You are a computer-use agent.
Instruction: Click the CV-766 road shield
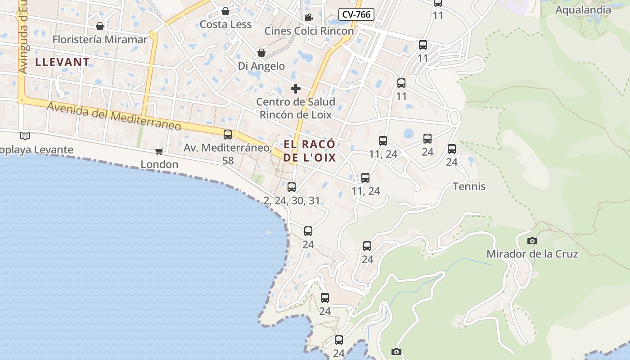[x=356, y=14]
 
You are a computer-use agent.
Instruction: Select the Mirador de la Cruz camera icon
[x=532, y=241]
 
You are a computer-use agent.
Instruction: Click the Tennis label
[x=469, y=186]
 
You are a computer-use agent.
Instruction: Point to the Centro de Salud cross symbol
[x=295, y=88]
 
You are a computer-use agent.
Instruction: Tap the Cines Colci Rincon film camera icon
[x=309, y=18]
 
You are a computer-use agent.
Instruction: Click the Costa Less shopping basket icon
[x=225, y=11]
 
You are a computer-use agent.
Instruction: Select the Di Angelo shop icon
[x=261, y=53]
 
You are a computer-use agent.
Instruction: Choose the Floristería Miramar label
[x=100, y=40]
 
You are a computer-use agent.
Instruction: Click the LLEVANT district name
[x=63, y=62]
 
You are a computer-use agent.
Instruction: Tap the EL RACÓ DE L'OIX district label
[x=310, y=151]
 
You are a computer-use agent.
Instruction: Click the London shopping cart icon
[x=159, y=151]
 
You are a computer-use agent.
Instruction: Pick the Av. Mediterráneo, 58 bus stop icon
[x=228, y=134]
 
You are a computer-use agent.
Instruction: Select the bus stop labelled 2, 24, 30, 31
[x=292, y=187]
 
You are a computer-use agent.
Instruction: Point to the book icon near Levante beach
[x=25, y=136]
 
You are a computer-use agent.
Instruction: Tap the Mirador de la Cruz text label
[x=532, y=254]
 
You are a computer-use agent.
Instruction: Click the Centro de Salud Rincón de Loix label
[x=296, y=108]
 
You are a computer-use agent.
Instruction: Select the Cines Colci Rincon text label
[x=309, y=31]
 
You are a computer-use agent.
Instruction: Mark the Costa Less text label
[x=225, y=24]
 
